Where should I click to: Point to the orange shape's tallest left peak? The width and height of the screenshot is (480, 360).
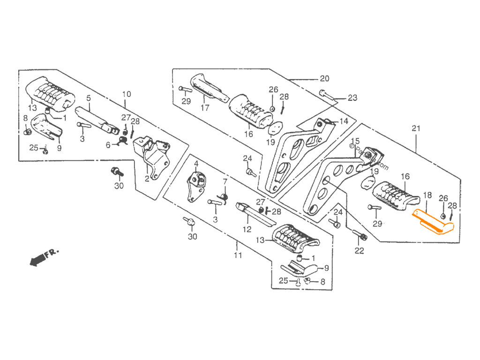click(416, 207)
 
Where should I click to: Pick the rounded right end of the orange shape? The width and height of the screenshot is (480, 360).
click(455, 227)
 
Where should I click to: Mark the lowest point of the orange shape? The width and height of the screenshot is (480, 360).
click(440, 238)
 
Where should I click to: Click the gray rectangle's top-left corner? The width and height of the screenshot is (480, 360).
click(19, 69)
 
